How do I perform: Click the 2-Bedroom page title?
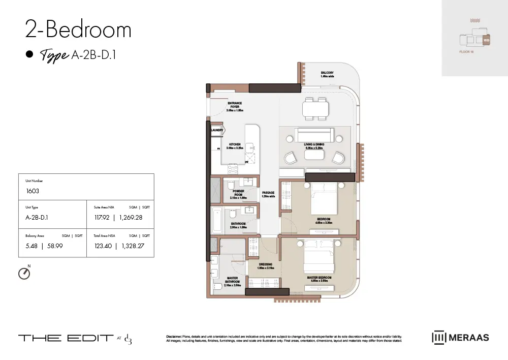pos(78,30)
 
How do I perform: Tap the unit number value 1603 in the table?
pos(33,191)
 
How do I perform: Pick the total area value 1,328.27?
pos(135,246)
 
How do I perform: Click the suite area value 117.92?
pos(102,218)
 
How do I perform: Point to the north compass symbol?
pos(24,274)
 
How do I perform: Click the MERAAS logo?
pos(460,337)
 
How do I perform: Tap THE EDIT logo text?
pos(66,338)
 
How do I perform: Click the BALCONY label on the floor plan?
pos(327,73)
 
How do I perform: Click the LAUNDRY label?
pos(217,130)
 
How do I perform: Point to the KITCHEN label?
pos(235,145)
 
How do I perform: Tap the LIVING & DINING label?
pos(314,145)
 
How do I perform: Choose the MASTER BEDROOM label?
pos(319,278)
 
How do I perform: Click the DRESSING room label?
pos(266,264)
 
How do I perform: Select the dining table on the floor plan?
pos(315,108)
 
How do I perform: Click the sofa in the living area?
pos(314,135)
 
